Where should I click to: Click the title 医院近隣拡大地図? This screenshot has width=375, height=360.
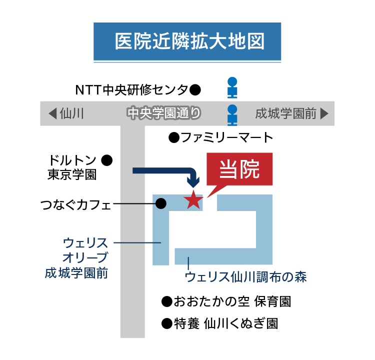[x=187, y=41]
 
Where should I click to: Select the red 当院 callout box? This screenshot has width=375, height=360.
[x=240, y=170]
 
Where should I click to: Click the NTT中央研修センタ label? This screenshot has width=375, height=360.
[x=131, y=90]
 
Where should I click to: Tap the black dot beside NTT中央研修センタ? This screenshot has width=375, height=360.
[x=195, y=90]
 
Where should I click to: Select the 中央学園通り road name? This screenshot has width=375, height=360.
[x=163, y=113]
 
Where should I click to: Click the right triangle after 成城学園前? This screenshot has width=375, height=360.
[x=324, y=113]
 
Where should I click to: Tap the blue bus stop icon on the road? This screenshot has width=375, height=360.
[x=232, y=114]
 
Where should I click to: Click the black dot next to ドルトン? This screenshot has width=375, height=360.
[x=106, y=160]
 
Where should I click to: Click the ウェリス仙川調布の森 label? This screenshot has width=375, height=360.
[x=245, y=276]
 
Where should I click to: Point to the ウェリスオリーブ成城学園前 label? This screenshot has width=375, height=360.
[x=80, y=258]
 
